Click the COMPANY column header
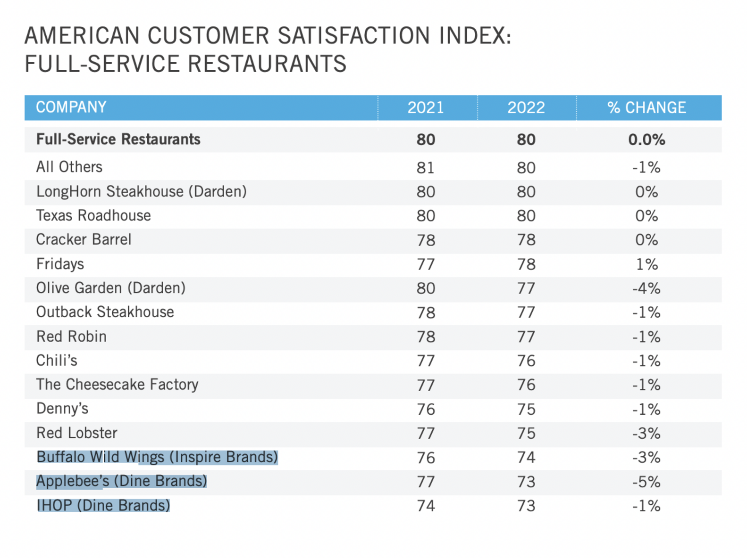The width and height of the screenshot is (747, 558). coord(71,107)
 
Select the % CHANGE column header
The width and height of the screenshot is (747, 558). coord(646,108)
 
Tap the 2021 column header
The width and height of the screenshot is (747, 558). coord(425,108)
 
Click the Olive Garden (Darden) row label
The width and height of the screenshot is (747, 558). coord(111,288)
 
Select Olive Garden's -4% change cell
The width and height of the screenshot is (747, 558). coord(646,288)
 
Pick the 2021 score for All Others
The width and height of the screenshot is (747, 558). coord(425,168)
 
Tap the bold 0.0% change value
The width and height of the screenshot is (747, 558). coord(646,140)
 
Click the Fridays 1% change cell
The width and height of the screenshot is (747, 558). coord(646,264)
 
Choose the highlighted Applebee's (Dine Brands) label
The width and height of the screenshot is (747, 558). coord(122,481)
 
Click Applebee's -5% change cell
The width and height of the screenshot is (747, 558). coord(646,482)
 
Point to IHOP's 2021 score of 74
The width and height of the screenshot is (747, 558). coord(425,506)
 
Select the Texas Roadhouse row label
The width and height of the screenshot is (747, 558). coord(93,216)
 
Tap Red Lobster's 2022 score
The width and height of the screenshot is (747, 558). coord(526,434)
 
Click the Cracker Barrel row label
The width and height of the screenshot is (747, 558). coord(84,240)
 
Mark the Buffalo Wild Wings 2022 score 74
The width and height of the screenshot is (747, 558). coord(526,458)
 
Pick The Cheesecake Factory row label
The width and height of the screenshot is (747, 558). coord(117,385)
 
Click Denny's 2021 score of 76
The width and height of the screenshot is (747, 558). coord(425,410)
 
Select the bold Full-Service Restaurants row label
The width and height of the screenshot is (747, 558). coord(118,139)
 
